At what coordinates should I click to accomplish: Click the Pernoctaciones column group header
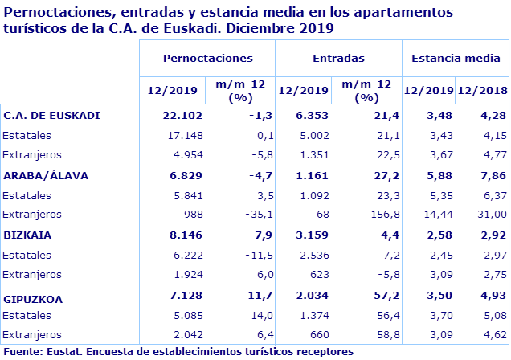click(207, 59)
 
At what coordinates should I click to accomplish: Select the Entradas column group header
click(337, 59)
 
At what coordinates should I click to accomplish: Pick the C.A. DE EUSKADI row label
click(51, 115)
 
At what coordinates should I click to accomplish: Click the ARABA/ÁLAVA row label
click(46, 175)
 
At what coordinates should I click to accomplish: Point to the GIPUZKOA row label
click(34, 298)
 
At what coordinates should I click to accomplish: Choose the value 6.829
click(181, 175)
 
